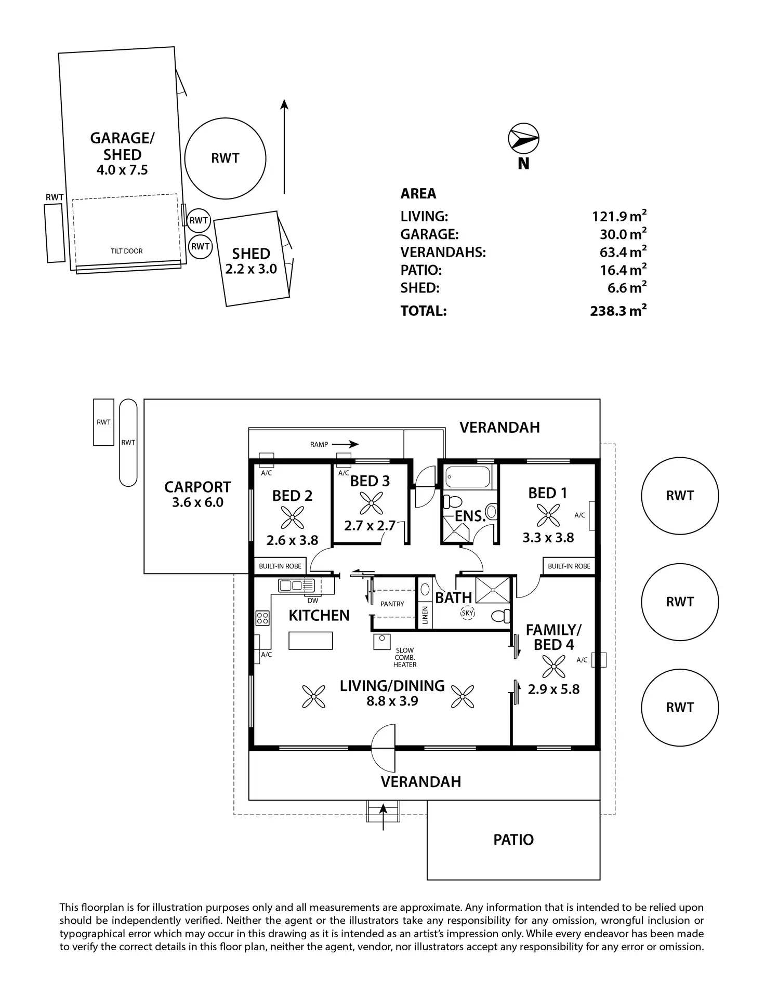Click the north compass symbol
[x=523, y=139]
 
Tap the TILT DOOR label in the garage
[x=126, y=251]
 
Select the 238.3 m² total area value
[x=618, y=311]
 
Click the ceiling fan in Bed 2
[x=292, y=517]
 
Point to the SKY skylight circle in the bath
[x=468, y=613]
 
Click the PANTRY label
[x=392, y=604]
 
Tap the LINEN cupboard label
[x=425, y=616]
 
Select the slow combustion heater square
[x=381, y=641]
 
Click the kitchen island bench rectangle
[x=311, y=640]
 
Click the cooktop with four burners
[x=262, y=618]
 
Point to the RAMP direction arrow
[x=346, y=444]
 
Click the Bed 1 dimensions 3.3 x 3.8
[x=548, y=537]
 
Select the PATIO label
[x=513, y=840]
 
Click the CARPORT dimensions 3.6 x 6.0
[x=197, y=502]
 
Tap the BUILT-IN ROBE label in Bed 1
[x=569, y=566]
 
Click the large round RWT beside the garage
[x=226, y=158]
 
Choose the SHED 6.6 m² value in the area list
[x=627, y=287]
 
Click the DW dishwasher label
[x=313, y=601]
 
